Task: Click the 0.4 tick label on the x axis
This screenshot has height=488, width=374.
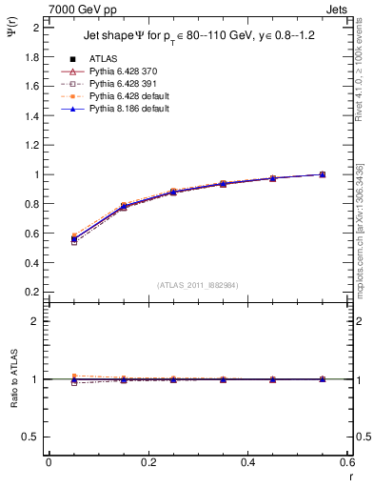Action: pyautogui.click(x=247, y=463)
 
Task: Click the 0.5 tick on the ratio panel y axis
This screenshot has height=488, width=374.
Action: pyautogui.click(x=31, y=437)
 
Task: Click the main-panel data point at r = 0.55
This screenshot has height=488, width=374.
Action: pyautogui.click(x=323, y=174)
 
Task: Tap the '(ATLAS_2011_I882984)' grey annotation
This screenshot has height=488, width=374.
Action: pyautogui.click(x=198, y=285)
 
